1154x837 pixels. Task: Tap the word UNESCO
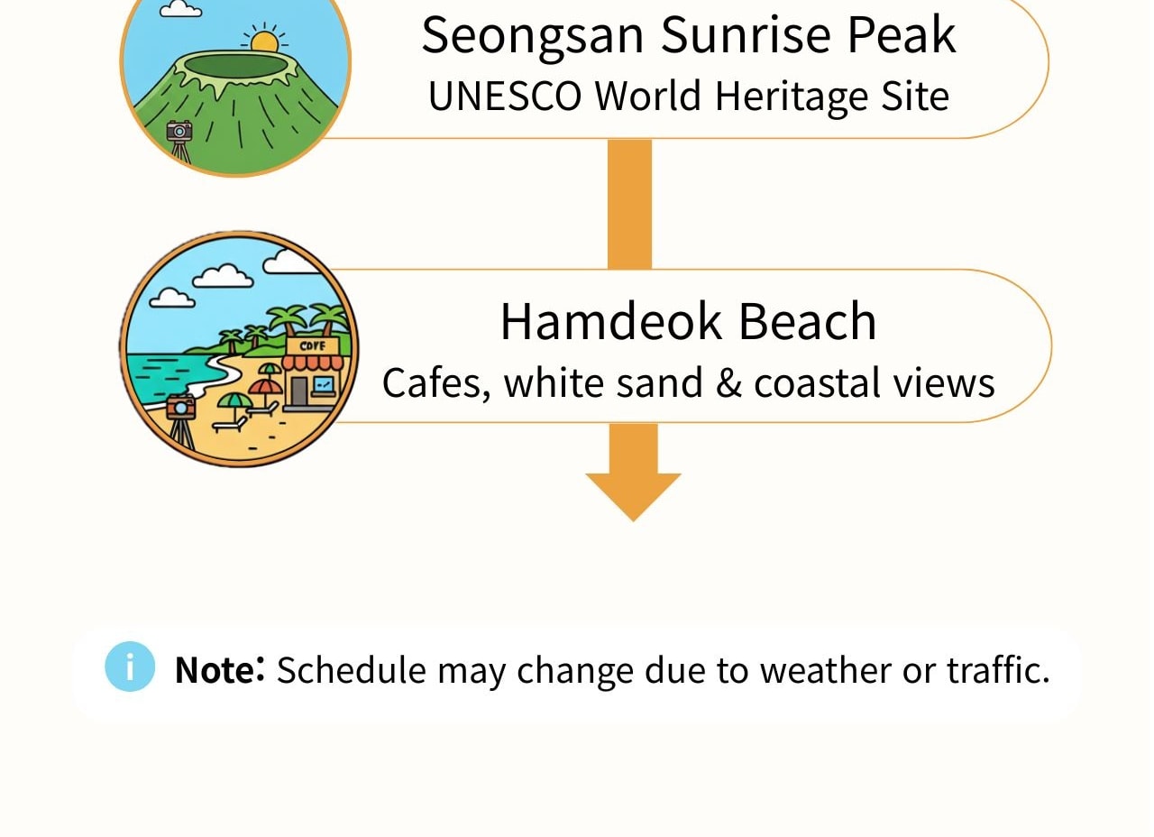(x=505, y=96)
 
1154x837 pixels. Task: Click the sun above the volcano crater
(x=264, y=41)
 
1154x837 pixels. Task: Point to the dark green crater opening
(x=235, y=66)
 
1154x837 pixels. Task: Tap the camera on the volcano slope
(x=179, y=131)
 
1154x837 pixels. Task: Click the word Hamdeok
(x=610, y=322)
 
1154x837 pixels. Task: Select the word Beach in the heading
(x=808, y=322)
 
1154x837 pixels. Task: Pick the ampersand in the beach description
(x=728, y=383)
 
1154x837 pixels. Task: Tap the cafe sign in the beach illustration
(x=312, y=346)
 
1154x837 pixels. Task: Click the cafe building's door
(x=298, y=391)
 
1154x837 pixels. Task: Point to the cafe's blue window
(x=323, y=384)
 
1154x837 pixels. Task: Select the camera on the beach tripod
(x=181, y=407)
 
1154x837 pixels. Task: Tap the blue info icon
(x=130, y=667)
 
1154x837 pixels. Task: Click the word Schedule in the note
(x=352, y=669)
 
